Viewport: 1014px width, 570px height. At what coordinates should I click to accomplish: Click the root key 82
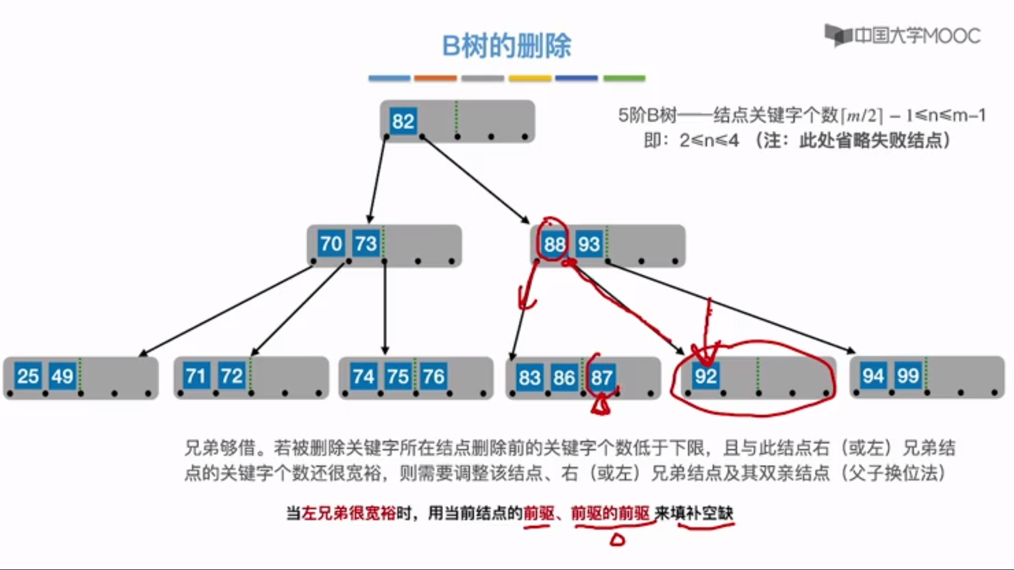pyautogui.click(x=402, y=121)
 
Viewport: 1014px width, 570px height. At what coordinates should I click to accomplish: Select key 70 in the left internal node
pyautogui.click(x=331, y=244)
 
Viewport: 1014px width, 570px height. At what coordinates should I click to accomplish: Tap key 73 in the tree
pyautogui.click(x=365, y=244)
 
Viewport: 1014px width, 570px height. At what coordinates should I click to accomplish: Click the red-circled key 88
pyautogui.click(x=555, y=244)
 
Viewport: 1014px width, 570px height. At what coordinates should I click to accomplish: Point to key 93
pyautogui.click(x=588, y=244)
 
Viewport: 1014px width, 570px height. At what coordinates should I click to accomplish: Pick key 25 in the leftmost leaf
pyautogui.click(x=28, y=376)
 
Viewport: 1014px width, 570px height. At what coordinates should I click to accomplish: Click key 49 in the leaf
pyautogui.click(x=62, y=376)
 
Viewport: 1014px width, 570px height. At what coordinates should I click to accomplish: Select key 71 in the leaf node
pyautogui.click(x=196, y=376)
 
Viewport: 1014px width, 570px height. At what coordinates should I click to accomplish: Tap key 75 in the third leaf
pyautogui.click(x=398, y=377)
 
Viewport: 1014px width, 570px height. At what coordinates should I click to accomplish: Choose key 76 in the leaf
pyautogui.click(x=433, y=377)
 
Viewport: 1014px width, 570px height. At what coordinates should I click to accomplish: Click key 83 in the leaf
pyautogui.click(x=530, y=378)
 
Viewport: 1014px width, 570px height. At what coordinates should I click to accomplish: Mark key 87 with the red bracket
pyautogui.click(x=602, y=378)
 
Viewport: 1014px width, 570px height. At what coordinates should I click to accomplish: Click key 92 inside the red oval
pyautogui.click(x=706, y=376)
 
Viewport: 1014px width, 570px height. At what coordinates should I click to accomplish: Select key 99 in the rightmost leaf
pyautogui.click(x=908, y=376)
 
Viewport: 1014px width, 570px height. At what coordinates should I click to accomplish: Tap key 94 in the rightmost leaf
pyautogui.click(x=873, y=376)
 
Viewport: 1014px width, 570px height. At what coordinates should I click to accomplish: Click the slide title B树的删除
pyautogui.click(x=506, y=46)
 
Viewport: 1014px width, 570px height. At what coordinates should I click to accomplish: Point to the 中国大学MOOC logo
pyautogui.click(x=903, y=36)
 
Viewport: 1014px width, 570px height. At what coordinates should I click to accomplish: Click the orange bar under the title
pyautogui.click(x=435, y=78)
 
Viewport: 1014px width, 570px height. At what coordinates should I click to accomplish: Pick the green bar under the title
pyautogui.click(x=624, y=78)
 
